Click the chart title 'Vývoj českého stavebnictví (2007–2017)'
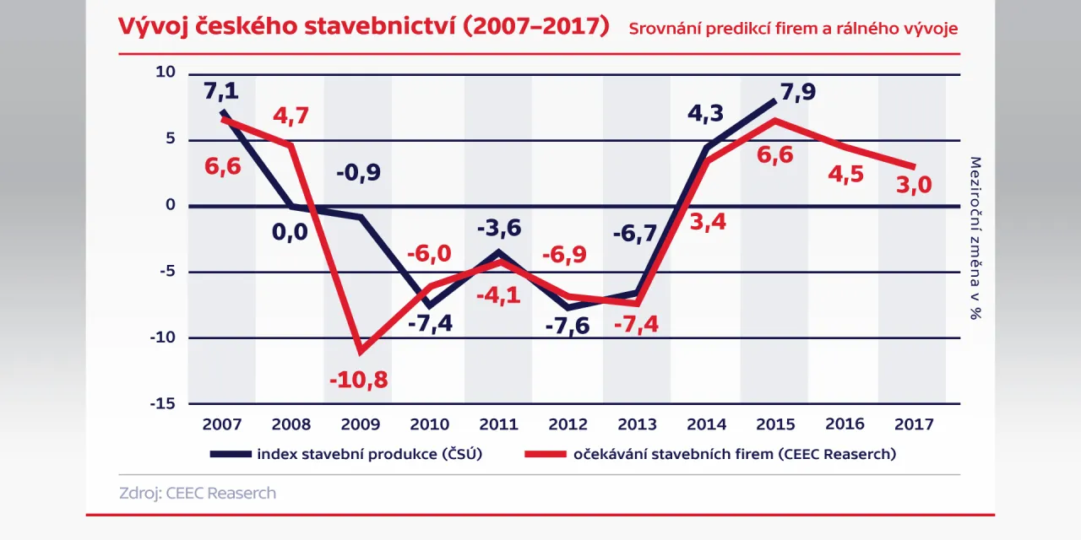coord(363,26)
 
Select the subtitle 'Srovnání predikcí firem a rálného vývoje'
coord(793,29)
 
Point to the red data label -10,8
coord(359,380)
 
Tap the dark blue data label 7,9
coord(798,91)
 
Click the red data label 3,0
coord(913,185)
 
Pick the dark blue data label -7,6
coord(568,327)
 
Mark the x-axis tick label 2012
coord(568,424)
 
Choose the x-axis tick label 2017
coord(914,424)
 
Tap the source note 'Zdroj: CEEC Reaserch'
coord(198,493)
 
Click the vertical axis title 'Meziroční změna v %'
coord(975,239)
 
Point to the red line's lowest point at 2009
coord(361,350)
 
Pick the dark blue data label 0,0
coord(290,232)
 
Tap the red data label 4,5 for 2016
coord(845,175)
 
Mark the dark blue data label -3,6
coord(498,229)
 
